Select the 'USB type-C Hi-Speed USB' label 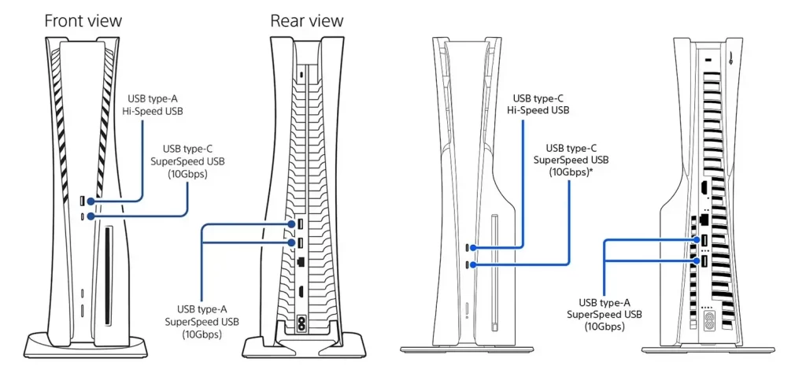click(538, 105)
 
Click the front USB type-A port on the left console click(83, 202)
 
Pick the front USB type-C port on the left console click(83, 215)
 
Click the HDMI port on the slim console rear click(700, 189)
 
